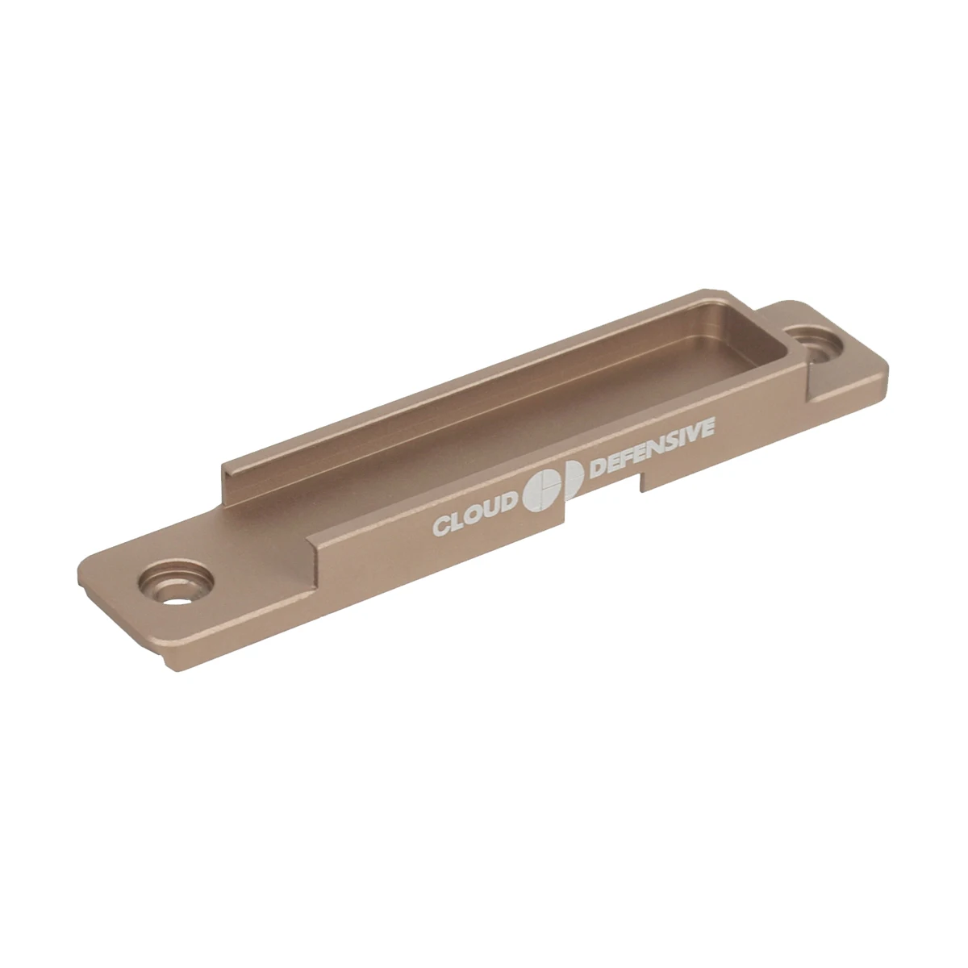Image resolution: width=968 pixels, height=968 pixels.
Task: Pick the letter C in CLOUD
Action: pos(440,527)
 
